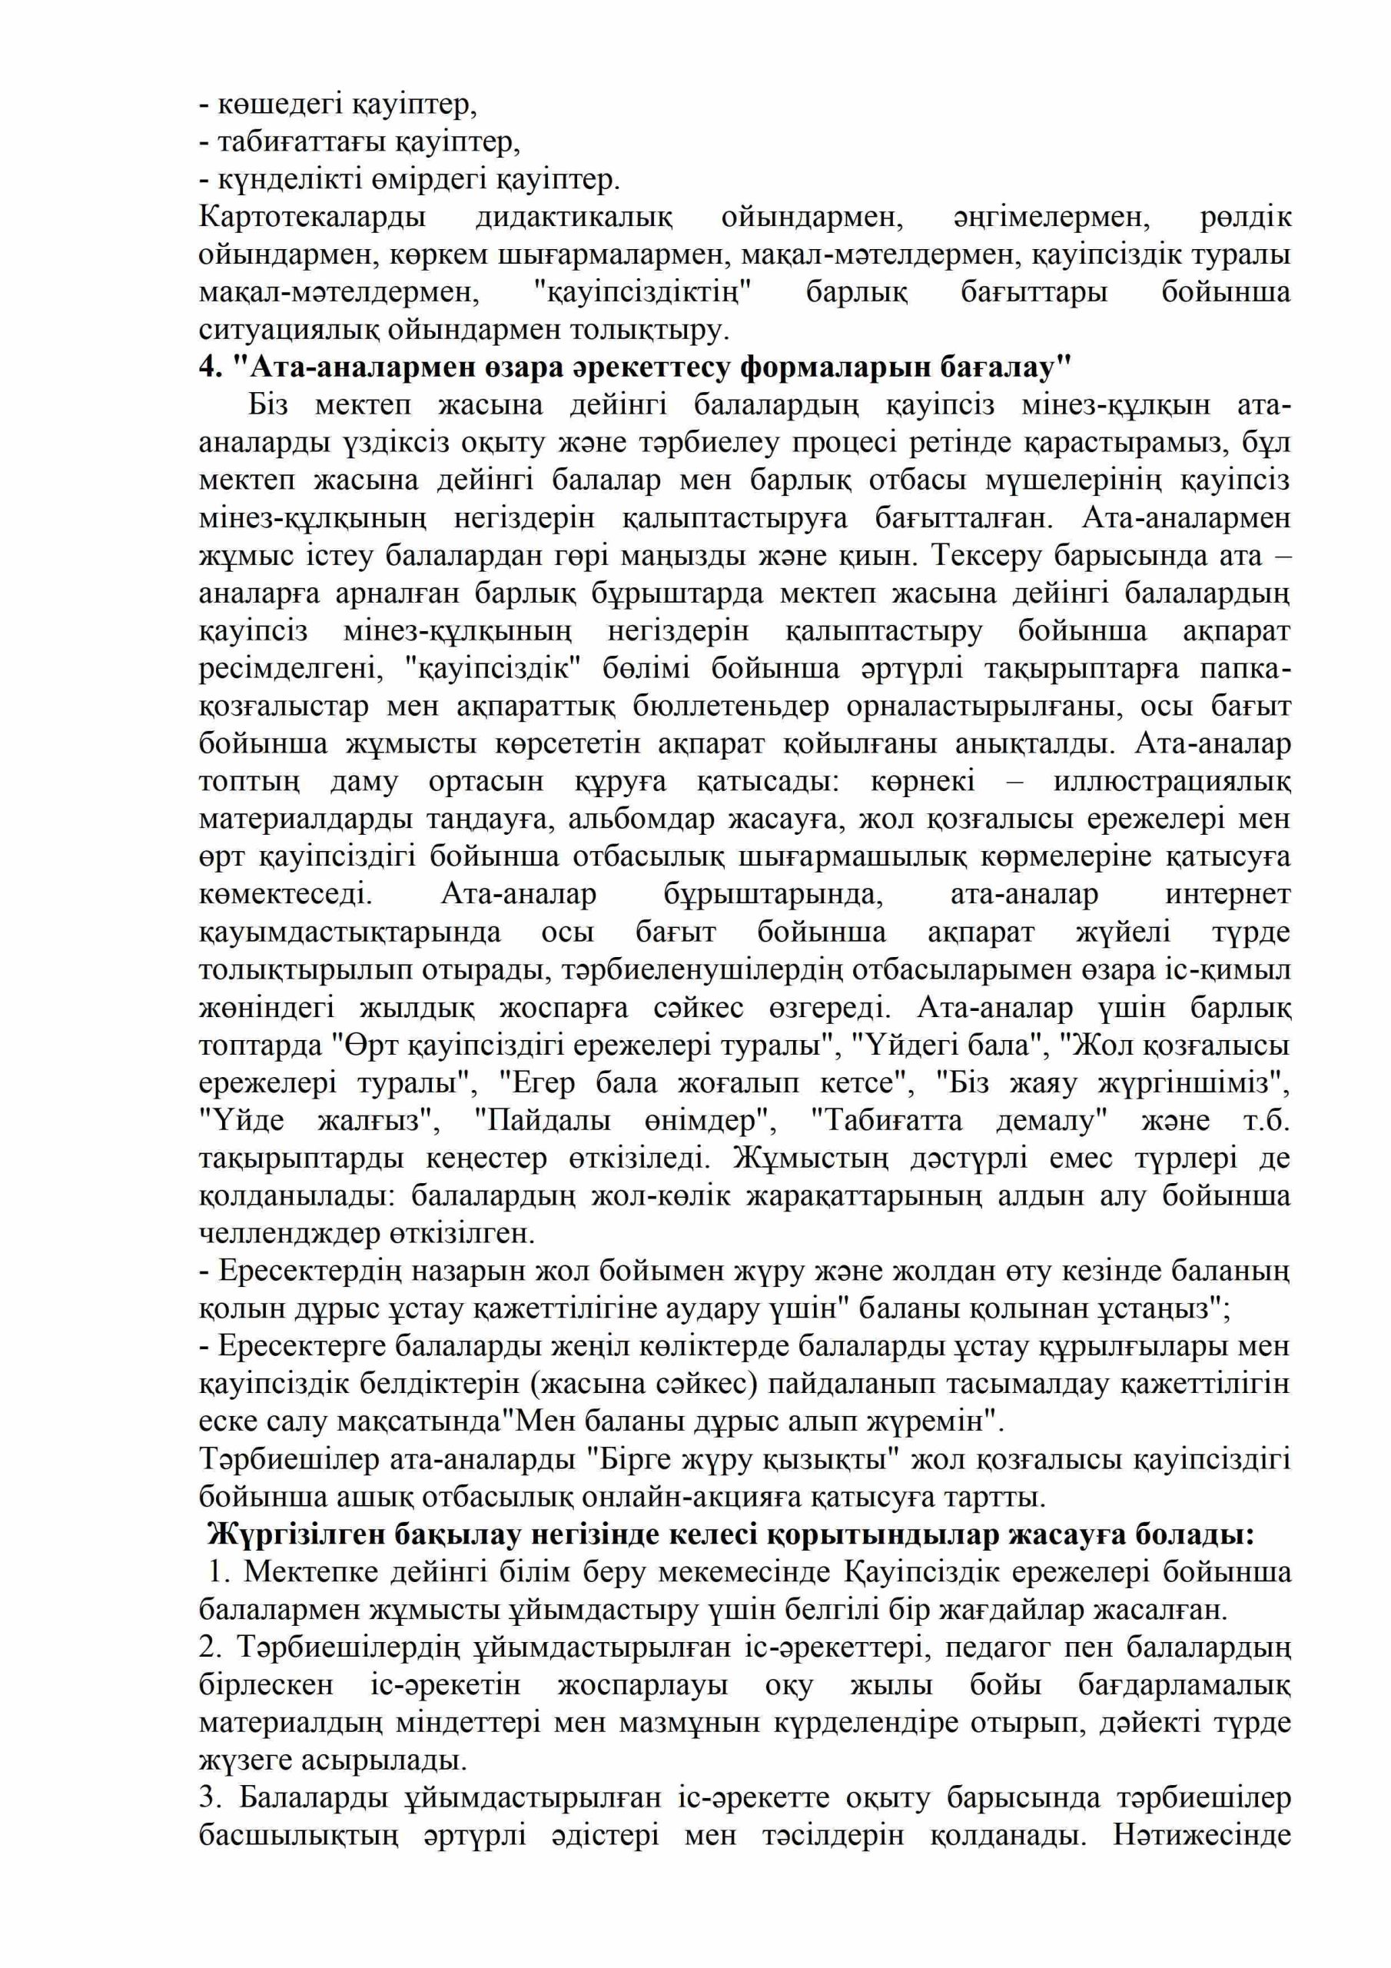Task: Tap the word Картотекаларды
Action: click(x=312, y=217)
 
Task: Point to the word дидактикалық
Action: click(x=573, y=217)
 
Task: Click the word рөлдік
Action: click(x=1245, y=217)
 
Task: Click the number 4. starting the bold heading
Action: click(x=210, y=367)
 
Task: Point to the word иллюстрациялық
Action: click(x=1172, y=783)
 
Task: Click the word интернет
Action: click(x=1227, y=895)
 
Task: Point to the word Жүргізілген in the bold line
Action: click(x=297, y=1535)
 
